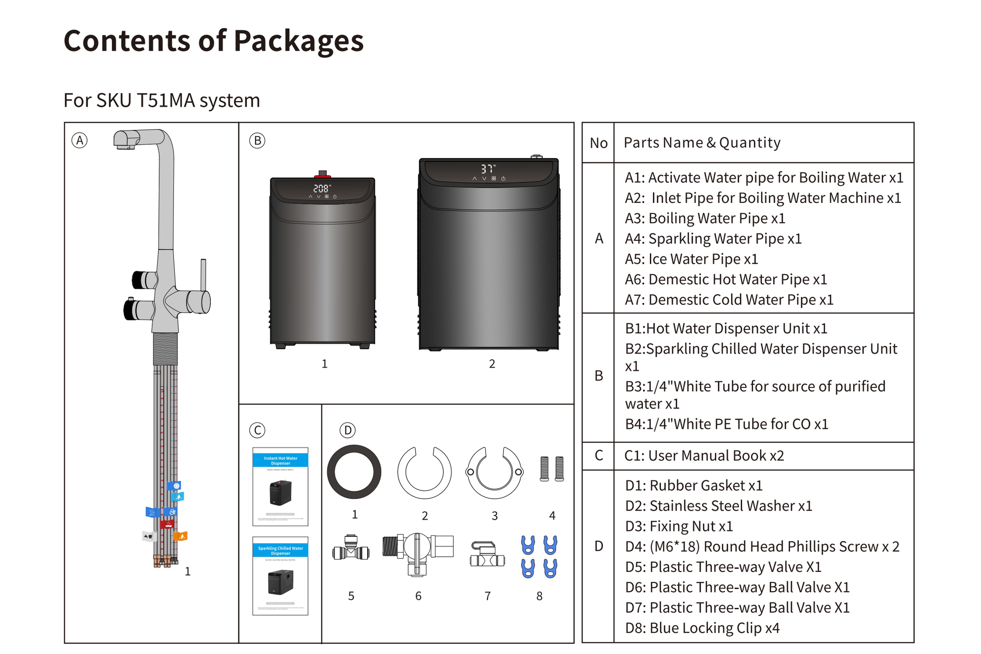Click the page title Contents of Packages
tap(213, 41)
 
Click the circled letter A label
tap(79, 140)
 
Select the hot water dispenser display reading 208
tap(321, 189)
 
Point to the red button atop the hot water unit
tap(322, 176)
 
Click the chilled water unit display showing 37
tap(487, 169)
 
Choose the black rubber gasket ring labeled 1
tap(354, 471)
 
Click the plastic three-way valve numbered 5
tap(351, 549)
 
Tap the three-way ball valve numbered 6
tap(417, 551)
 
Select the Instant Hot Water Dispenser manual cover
tap(280, 486)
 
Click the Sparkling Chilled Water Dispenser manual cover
tap(280, 575)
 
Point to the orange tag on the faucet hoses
tap(181, 536)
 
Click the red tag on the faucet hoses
tap(167, 524)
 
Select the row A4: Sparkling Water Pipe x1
tap(712, 239)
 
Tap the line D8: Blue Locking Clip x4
tap(701, 628)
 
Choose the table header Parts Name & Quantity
tap(701, 143)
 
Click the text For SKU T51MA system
tap(162, 101)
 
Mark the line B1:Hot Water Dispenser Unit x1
tap(726, 328)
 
